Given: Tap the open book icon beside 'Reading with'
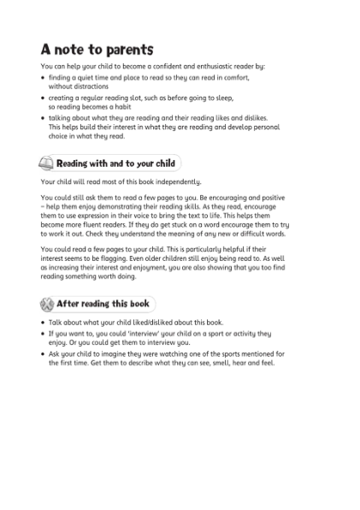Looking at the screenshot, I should pos(47,163).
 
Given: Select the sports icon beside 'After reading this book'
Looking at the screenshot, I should pos(47,303).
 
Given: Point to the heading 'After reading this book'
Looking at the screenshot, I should pos(103,303).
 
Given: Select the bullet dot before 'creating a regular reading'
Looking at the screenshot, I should pos(43,98).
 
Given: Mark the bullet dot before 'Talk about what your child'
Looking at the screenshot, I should pos(43,323).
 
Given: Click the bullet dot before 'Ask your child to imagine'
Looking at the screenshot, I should pos(43,353).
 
